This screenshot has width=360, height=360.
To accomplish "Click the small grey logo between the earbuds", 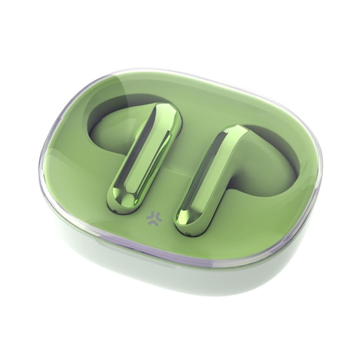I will pos(152,219).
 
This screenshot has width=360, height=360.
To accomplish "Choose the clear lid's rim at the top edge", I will pos(176,70).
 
